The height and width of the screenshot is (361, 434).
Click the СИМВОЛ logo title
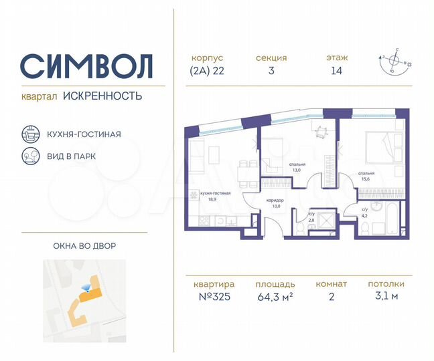coord(86,66)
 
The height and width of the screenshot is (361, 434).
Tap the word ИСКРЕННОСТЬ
coord(102,96)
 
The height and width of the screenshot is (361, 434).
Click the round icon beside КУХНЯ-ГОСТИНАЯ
coord(30,134)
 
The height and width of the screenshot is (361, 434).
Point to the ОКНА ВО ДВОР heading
coord(84,245)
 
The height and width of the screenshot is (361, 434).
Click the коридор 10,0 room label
coord(274,203)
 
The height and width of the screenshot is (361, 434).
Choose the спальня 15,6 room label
coord(366,177)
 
